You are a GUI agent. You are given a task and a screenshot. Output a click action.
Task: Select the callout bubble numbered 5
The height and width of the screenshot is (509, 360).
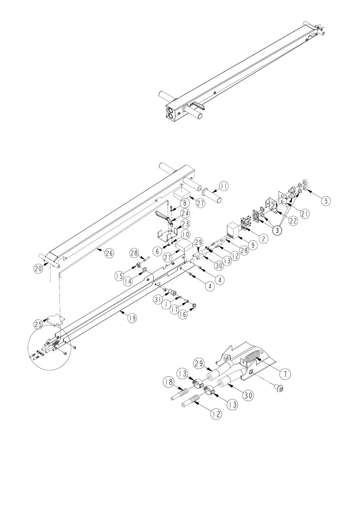pyautogui.click(x=325, y=201)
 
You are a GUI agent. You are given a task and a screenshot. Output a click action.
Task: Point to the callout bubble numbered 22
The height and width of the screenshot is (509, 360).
pyautogui.click(x=292, y=221)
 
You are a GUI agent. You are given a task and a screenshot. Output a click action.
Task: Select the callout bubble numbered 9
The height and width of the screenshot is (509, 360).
pyautogui.click(x=252, y=245)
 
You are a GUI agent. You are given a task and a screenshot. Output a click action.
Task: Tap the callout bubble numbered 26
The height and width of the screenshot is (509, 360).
pyautogui.click(x=109, y=253)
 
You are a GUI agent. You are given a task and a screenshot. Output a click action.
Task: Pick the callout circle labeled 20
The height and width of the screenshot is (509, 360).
pyautogui.click(x=38, y=269)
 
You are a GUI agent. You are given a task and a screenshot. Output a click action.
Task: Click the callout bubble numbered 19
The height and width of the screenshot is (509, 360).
pyautogui.click(x=131, y=318)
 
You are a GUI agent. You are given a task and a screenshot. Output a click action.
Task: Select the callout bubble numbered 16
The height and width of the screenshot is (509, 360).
pyautogui.click(x=182, y=314)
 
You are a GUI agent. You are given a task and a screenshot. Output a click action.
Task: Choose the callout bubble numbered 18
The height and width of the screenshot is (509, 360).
pyautogui.click(x=168, y=382)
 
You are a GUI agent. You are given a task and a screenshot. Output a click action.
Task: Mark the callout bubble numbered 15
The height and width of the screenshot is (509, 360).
pyautogui.click(x=120, y=276)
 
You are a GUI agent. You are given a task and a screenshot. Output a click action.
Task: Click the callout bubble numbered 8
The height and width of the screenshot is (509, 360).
pyautogui.click(x=185, y=203)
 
